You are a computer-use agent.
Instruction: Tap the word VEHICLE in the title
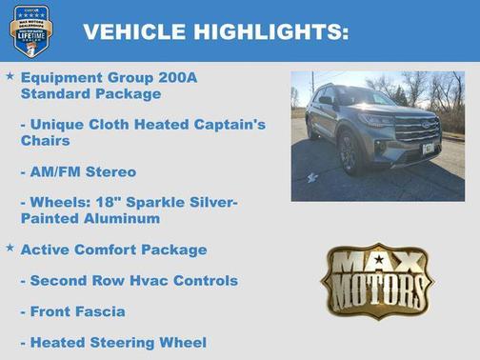pyautogui.click(x=134, y=32)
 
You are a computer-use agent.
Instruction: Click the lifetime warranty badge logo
pyautogui.click(x=30, y=31)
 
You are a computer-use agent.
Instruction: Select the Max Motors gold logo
pyautogui.click(x=376, y=280)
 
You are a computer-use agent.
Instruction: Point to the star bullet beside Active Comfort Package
pyautogui.click(x=10, y=248)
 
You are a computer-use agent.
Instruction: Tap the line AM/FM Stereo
pyautogui.click(x=83, y=172)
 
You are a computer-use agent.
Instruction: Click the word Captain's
pyautogui.click(x=222, y=125)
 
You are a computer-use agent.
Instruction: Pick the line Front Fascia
pyautogui.click(x=78, y=311)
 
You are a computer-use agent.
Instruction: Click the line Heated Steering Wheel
pyautogui.click(x=118, y=342)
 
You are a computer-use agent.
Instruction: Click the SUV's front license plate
pyautogui.click(x=428, y=148)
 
